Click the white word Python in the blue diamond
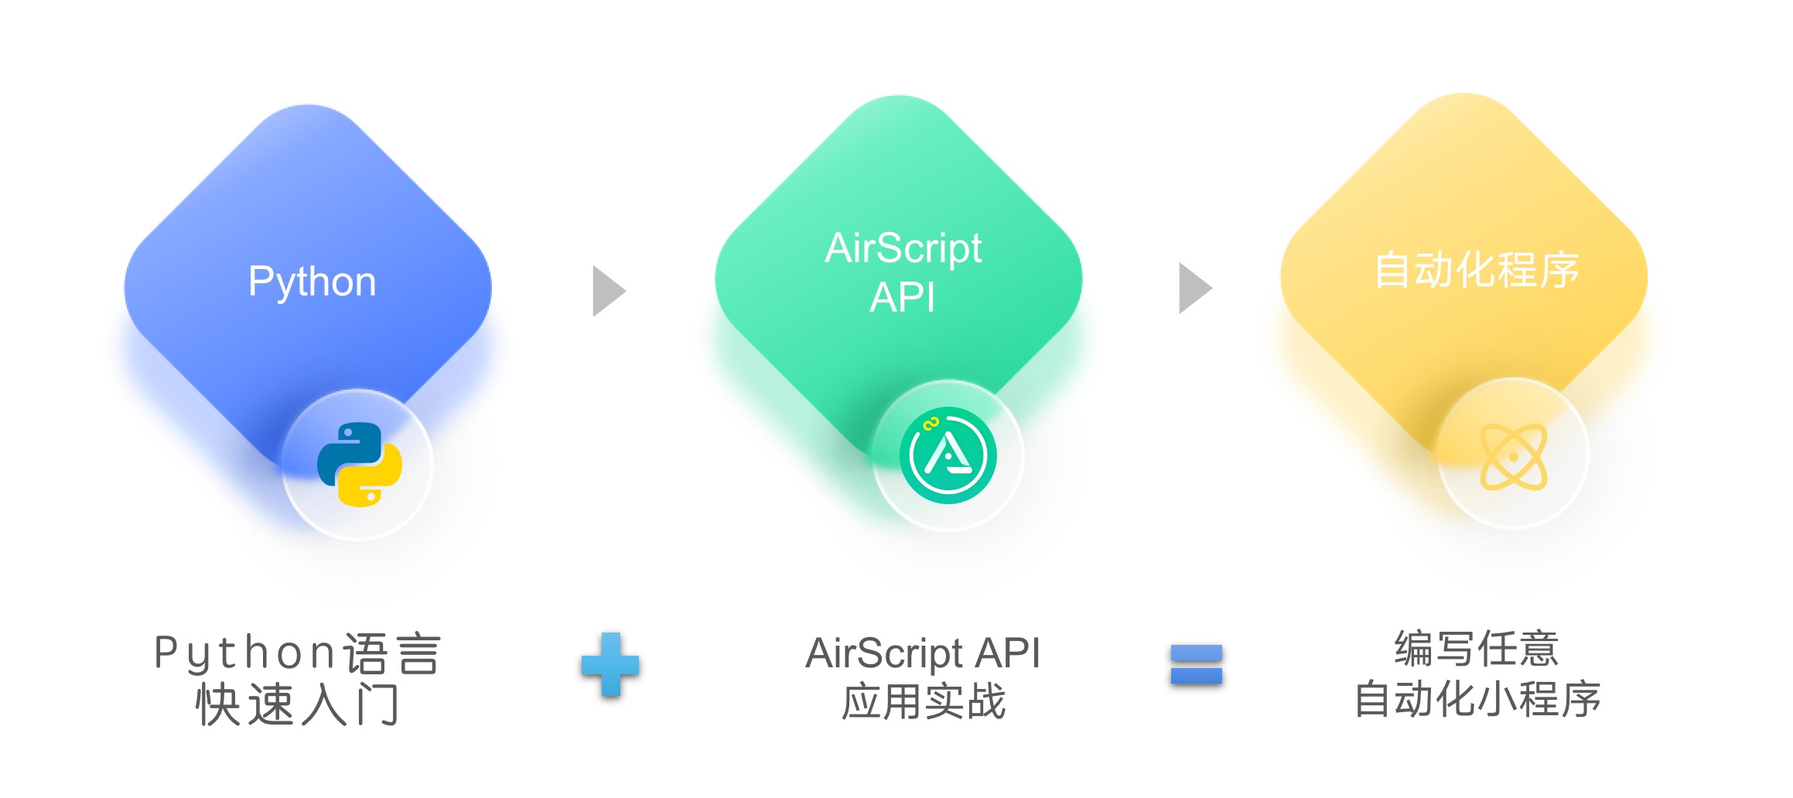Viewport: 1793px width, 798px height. click(x=312, y=281)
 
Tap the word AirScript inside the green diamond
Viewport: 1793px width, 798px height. click(x=903, y=248)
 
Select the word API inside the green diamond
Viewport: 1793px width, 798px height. click(x=902, y=298)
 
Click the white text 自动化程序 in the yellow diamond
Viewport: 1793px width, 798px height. click(x=1476, y=270)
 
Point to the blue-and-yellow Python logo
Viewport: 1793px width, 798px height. click(x=359, y=464)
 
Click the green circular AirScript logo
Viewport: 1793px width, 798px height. click(x=948, y=455)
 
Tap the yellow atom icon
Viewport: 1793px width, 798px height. click(x=1513, y=456)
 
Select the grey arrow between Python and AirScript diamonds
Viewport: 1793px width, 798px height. click(x=608, y=291)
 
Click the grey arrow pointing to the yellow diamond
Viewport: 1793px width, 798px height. click(x=1194, y=288)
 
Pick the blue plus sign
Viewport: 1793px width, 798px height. click(x=610, y=664)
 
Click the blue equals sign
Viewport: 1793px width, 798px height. click(x=1196, y=664)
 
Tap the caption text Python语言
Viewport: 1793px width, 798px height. click(x=297, y=653)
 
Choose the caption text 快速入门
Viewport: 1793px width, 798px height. click(x=297, y=704)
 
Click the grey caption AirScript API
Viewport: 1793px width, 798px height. click(x=923, y=653)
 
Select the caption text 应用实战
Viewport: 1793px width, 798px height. click(x=923, y=702)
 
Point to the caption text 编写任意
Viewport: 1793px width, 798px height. click(x=1476, y=649)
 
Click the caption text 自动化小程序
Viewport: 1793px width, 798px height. click(x=1476, y=699)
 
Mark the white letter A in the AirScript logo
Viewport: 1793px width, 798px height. click(x=947, y=454)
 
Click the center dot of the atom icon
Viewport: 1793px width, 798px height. click(x=1513, y=457)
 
